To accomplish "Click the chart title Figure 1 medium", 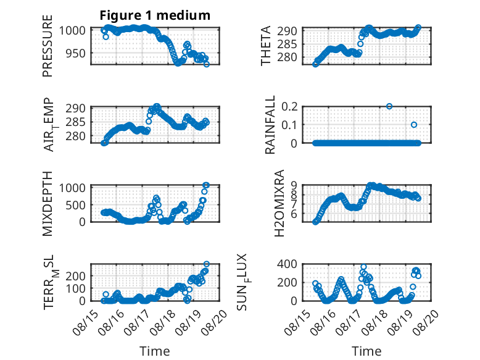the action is [155, 15].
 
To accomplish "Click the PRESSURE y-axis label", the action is [48, 46].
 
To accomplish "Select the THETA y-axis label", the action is [266, 46].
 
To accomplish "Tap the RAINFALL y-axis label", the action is [270, 125].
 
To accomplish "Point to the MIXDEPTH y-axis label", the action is [48, 203].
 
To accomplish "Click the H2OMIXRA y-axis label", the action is [279, 203].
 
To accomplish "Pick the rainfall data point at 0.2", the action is [389, 106].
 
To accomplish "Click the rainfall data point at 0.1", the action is [414, 125].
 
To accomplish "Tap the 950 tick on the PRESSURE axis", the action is [76, 53].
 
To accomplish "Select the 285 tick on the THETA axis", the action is [287, 44].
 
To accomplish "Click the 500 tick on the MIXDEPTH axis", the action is [76, 205].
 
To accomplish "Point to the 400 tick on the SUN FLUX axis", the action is [287, 264].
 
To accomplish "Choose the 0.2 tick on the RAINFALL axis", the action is [289, 107].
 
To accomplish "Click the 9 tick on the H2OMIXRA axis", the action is [294, 185].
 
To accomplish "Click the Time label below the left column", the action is [155, 351].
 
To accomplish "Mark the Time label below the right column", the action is [366, 351].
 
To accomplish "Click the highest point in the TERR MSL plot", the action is [207, 264].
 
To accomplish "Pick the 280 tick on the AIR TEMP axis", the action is [76, 136].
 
